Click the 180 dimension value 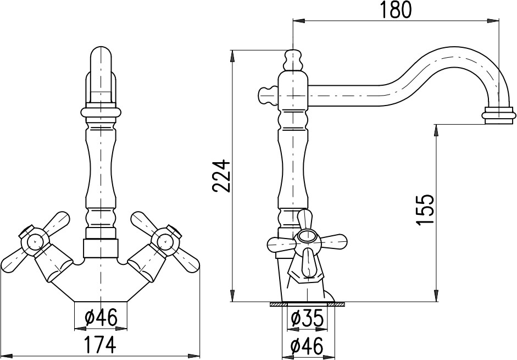[x=396, y=10]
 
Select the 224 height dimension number [x=220, y=175]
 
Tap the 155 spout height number [x=424, y=210]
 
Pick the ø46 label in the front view [x=101, y=318]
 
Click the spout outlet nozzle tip [x=498, y=115]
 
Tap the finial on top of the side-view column [x=292, y=60]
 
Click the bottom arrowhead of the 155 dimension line [x=436, y=296]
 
